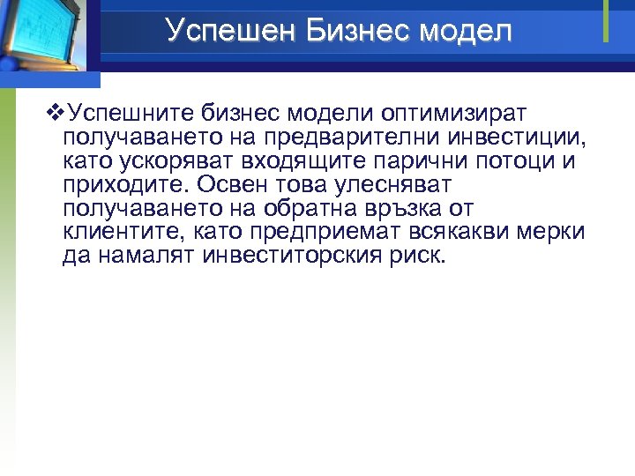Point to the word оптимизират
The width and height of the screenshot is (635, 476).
[x=453, y=114]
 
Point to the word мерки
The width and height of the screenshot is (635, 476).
[x=554, y=233]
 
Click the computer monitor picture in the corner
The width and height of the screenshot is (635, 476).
[x=44, y=35]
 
